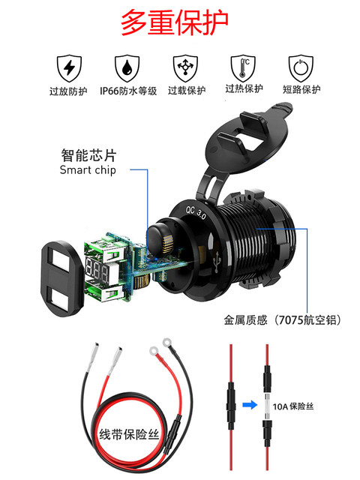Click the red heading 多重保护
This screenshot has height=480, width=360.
click(x=180, y=22)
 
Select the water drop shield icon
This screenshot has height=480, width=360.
click(x=126, y=67)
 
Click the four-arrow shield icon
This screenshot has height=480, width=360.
click(x=185, y=67)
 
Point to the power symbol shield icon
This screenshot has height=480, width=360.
click(x=301, y=67)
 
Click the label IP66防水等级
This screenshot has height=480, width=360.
click(x=126, y=91)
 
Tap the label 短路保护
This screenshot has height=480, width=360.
click(x=301, y=90)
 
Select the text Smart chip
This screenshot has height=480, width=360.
click(x=88, y=170)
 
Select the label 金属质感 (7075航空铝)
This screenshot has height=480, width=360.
click(x=282, y=320)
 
